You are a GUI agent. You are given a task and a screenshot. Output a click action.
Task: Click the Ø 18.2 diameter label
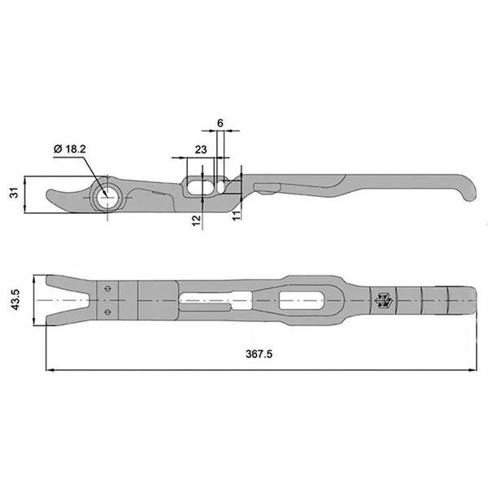[69, 149]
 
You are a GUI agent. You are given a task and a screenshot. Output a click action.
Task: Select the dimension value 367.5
[259, 354]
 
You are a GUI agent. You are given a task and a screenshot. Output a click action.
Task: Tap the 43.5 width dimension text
[15, 299]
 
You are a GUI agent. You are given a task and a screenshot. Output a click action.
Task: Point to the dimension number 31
[15, 193]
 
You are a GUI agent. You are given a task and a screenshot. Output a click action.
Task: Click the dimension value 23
[201, 150]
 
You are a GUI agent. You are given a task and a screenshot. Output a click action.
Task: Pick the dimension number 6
[220, 124]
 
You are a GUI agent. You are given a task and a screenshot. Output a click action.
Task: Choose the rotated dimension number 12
[196, 220]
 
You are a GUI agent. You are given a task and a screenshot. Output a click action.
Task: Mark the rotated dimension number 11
[237, 216]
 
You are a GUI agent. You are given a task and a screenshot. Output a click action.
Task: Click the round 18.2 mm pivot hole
[107, 198]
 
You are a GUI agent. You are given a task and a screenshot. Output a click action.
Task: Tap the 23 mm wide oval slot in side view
[200, 187]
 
